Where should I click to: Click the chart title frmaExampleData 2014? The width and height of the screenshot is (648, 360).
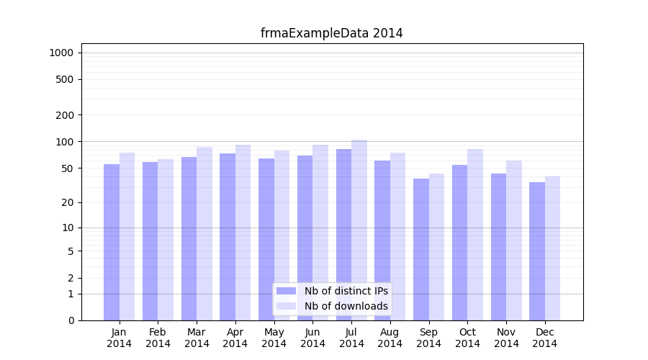pyautogui.click(x=331, y=33)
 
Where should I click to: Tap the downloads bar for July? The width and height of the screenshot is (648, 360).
pyautogui.click(x=359, y=230)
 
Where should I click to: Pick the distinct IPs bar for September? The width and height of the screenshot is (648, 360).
pyautogui.click(x=421, y=249)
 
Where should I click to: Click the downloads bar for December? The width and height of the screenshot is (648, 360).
pyautogui.click(x=552, y=248)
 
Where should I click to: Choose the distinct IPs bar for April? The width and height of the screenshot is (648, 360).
pyautogui.click(x=228, y=237)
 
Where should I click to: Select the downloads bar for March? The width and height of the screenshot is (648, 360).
pyautogui.click(x=204, y=233)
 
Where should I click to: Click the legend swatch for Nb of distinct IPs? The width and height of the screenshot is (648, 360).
pyautogui.click(x=286, y=291)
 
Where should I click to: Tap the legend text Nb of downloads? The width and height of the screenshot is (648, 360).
pyautogui.click(x=346, y=306)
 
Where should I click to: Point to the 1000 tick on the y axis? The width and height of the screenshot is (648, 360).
pyautogui.click(x=61, y=53)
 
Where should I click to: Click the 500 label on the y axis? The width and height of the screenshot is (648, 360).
pyautogui.click(x=65, y=79)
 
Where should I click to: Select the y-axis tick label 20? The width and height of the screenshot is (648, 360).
pyautogui.click(x=67, y=202)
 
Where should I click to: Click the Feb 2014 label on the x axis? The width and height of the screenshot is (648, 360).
pyautogui.click(x=158, y=338)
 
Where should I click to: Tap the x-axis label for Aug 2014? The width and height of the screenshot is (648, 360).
pyautogui.click(x=390, y=338)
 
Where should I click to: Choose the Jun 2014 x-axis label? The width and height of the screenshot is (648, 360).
pyautogui.click(x=312, y=338)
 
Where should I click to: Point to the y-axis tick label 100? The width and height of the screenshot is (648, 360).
pyautogui.click(x=65, y=142)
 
